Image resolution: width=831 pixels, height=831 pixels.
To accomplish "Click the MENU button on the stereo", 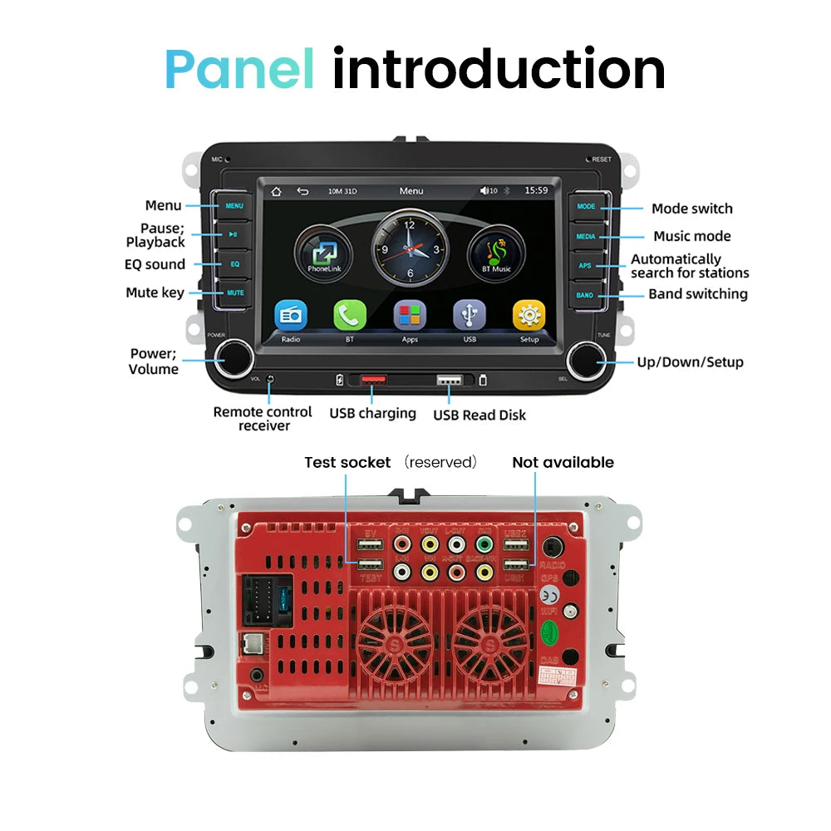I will pyautogui.click(x=234, y=205).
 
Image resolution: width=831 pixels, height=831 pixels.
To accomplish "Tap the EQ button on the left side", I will pyautogui.click(x=234, y=263).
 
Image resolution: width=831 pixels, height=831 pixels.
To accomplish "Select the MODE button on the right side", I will pyautogui.click(x=587, y=206).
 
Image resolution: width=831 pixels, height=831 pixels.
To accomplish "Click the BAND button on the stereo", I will pyautogui.click(x=585, y=295).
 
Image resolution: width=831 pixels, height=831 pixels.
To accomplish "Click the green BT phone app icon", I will pyautogui.click(x=350, y=316).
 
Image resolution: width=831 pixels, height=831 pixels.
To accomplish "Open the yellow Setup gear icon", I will pyautogui.click(x=529, y=316).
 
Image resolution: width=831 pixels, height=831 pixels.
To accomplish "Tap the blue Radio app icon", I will pyautogui.click(x=291, y=316).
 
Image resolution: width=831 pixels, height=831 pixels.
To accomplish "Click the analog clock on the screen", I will pyautogui.click(x=411, y=248).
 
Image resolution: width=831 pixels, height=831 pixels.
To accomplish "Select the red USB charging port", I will pyautogui.click(x=373, y=380).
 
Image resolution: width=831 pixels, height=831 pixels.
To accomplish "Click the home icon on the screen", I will pyautogui.click(x=276, y=191).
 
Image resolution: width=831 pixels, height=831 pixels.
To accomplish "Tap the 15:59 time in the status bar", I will pyautogui.click(x=536, y=191).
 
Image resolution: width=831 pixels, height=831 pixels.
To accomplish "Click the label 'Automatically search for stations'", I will pyautogui.click(x=689, y=266).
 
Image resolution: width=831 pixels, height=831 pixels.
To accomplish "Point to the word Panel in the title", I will pyautogui.click(x=240, y=69).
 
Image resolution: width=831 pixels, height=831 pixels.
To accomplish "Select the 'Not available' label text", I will pyautogui.click(x=563, y=462).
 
